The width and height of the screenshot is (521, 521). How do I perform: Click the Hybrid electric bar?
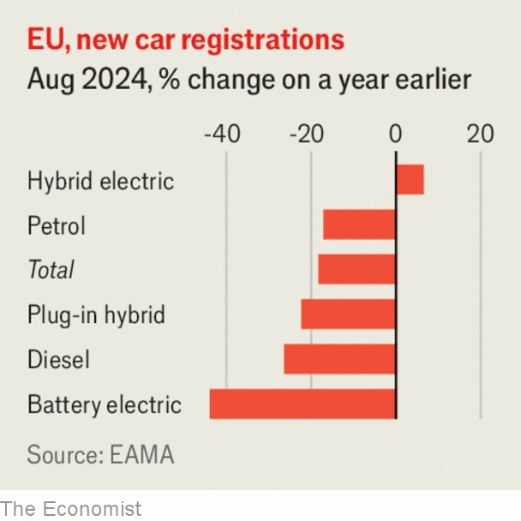coord(410,181)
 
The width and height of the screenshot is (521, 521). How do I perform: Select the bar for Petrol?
coord(359,225)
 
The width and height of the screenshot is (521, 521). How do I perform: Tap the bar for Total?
coord(356,270)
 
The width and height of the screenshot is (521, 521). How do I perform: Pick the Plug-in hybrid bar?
coord(348,314)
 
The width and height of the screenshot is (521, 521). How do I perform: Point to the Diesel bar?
coord(339,359)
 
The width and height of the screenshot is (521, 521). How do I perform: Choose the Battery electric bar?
coord(302,404)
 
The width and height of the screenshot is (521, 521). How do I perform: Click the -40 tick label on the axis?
coord(221,135)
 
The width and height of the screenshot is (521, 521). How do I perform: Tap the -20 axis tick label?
coord(306,135)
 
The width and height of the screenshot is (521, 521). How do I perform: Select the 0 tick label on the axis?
coord(396,135)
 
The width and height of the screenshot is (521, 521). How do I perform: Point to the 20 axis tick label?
coord(480,135)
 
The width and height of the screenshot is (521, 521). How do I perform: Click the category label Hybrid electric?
coord(100,182)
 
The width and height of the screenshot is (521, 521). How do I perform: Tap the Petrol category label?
coord(57,226)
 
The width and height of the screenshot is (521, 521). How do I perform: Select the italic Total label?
coord(51,271)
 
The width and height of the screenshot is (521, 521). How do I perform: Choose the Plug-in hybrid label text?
coord(96,315)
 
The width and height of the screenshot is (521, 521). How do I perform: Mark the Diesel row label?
coord(58,360)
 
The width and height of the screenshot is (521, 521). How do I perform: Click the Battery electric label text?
coord(104,404)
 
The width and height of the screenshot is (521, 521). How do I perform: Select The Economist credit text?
coord(70,508)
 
